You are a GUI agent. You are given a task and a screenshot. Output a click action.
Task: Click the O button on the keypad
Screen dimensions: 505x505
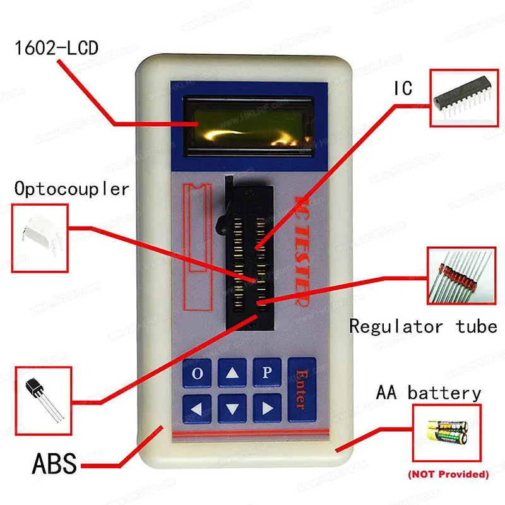(198, 373)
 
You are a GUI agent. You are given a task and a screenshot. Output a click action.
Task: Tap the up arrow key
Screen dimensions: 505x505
(232, 373)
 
